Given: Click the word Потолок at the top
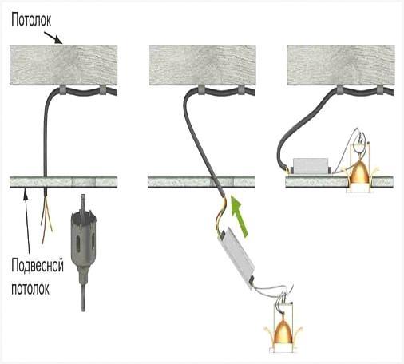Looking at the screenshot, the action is tap(31, 20).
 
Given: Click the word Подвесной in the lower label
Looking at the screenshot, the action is tap(38, 265).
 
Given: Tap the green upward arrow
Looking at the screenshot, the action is tap(240, 216).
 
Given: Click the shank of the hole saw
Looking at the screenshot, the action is tap(83, 295).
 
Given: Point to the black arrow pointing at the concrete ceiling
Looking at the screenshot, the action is tap(53, 38).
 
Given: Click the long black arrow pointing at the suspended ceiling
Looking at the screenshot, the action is tap(27, 220).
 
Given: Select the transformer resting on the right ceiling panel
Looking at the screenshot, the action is tap(311, 167).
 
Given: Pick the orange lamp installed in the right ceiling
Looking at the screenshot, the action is tap(360, 173).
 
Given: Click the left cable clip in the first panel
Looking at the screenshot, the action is tap(62, 90).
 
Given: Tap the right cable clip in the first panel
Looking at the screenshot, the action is tap(102, 90).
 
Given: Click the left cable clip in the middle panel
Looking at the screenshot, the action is tap(201, 90).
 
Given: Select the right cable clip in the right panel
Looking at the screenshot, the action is tap(380, 90).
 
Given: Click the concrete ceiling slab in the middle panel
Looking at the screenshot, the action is tap(202, 65).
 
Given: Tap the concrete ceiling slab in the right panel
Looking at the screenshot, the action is tap(341, 65).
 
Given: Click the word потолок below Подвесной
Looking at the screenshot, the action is tap(30, 288).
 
